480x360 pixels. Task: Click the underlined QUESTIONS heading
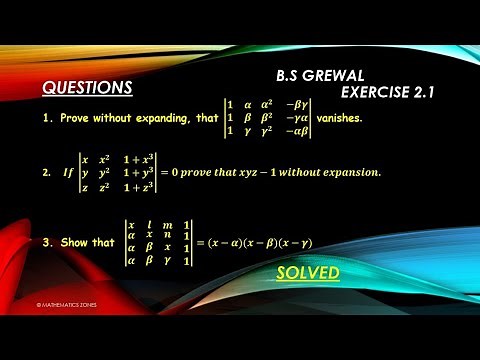coord(87,87)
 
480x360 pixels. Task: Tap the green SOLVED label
coord(308,272)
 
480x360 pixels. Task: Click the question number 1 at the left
coord(47,118)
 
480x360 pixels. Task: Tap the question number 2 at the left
coord(47,173)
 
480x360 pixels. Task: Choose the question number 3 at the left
coord(47,241)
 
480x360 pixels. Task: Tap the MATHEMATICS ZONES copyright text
coord(61,302)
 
